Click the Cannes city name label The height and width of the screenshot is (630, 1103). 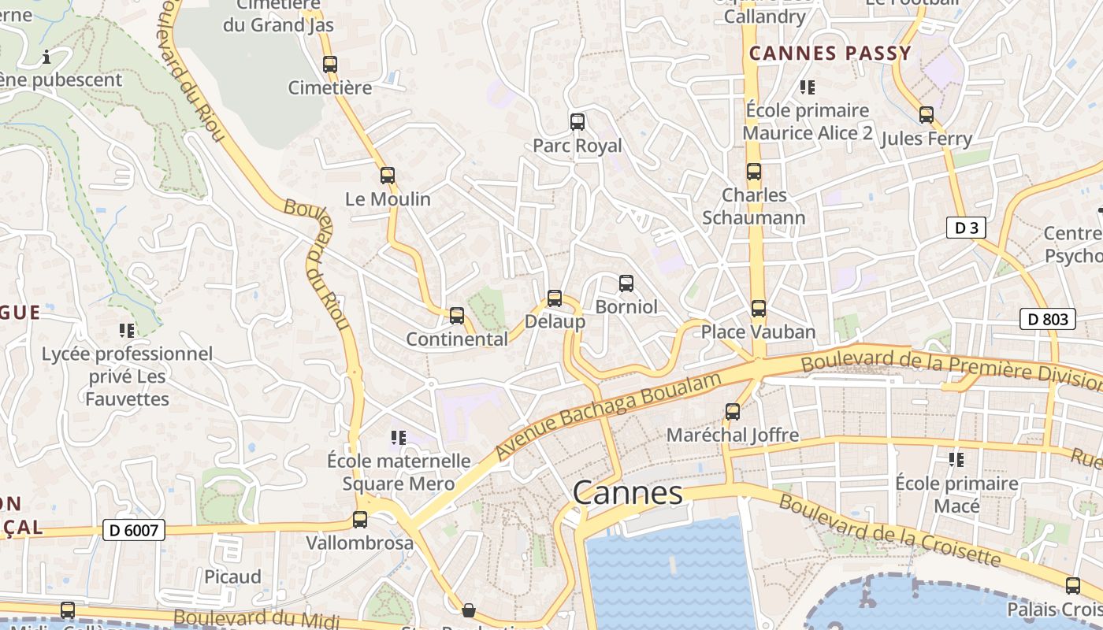628,493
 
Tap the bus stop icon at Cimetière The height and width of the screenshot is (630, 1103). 330,65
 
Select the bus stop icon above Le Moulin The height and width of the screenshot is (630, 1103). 387,176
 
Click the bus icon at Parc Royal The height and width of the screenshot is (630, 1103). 577,122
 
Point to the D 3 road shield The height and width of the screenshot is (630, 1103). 966,228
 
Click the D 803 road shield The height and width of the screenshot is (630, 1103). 1048,319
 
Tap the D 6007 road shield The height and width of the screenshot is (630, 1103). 134,531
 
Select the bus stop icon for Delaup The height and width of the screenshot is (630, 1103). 555,298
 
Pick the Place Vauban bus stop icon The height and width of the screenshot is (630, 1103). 759,309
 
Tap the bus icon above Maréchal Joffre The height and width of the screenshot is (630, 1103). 733,412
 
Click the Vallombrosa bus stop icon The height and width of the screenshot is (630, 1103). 360,520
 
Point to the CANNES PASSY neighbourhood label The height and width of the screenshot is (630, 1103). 830,54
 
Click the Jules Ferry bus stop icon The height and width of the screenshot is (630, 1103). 927,115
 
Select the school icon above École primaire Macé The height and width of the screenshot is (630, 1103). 956,459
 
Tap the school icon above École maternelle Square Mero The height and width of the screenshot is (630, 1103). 399,437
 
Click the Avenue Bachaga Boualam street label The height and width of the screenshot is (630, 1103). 608,417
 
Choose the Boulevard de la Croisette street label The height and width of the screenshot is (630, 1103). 890,533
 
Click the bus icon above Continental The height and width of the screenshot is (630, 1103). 457,316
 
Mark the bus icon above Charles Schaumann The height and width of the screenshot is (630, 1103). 754,172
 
